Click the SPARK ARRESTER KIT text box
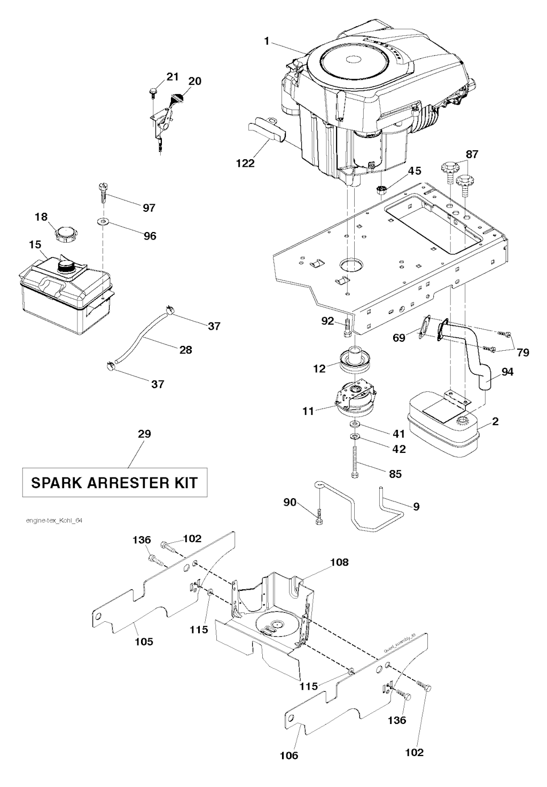[x=114, y=483]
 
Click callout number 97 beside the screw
[x=149, y=208]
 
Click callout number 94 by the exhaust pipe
[x=507, y=371]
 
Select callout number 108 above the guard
[x=339, y=562]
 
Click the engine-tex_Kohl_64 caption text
[x=53, y=520]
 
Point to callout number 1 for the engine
[x=267, y=41]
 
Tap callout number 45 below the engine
[x=415, y=171]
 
